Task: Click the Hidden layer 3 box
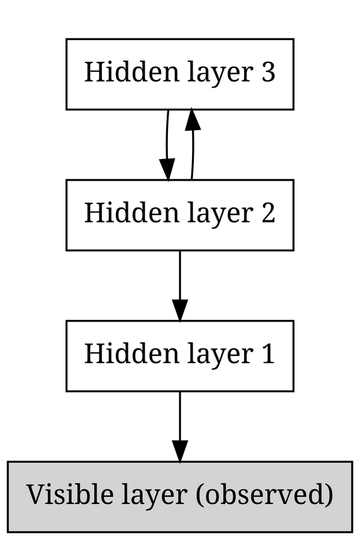click(x=179, y=74)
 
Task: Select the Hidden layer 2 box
click(x=179, y=215)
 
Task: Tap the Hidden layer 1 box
click(x=179, y=356)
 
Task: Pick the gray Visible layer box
click(x=179, y=497)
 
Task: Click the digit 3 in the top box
click(x=268, y=73)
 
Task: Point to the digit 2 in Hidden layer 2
click(x=268, y=214)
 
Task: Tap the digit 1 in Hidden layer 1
click(x=268, y=355)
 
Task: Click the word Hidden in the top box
click(x=118, y=73)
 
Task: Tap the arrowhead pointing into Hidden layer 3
click(x=192, y=120)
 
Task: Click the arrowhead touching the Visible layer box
click(x=179, y=451)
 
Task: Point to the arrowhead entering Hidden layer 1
click(x=179, y=310)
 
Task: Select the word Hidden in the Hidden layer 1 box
click(x=118, y=355)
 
